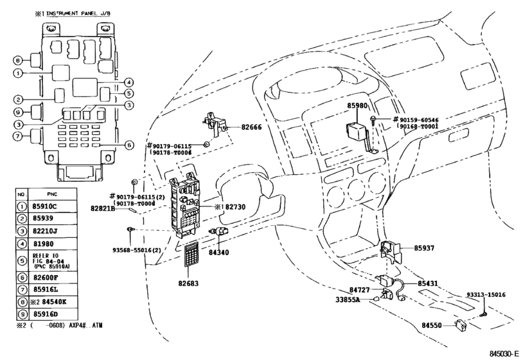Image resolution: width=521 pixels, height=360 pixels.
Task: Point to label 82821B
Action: pyautogui.click(x=103, y=209)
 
